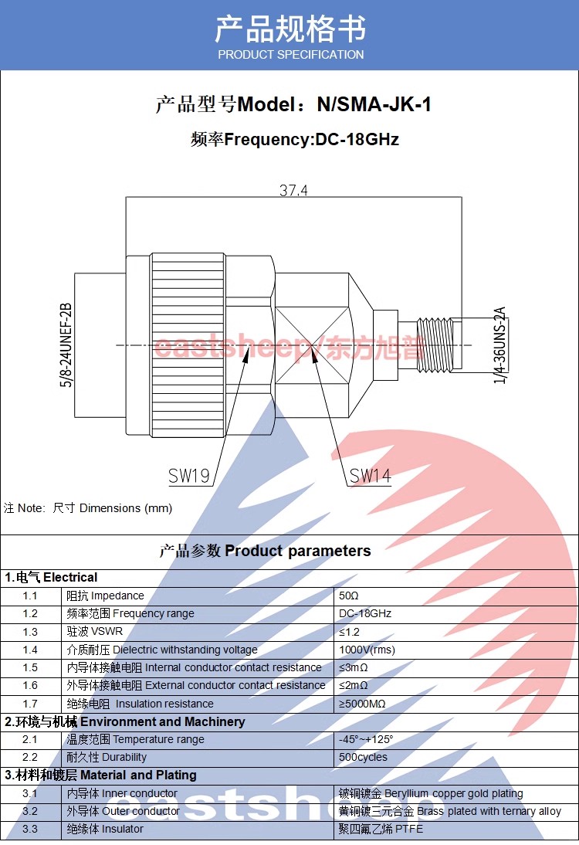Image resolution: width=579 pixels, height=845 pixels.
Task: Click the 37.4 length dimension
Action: tap(293, 190)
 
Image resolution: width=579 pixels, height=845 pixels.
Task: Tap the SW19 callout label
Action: tap(189, 477)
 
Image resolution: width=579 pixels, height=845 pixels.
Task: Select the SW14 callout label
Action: tap(371, 477)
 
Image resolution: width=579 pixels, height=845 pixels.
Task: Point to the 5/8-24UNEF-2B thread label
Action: tap(66, 345)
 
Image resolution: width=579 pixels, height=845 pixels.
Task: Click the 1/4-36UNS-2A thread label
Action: tap(499, 345)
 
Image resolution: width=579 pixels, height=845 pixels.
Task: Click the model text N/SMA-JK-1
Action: tap(374, 104)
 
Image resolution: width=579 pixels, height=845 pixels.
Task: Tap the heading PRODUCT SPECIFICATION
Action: tap(290, 55)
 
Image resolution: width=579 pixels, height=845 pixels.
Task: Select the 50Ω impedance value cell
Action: tap(349, 596)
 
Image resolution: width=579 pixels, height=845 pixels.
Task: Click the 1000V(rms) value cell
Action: tap(367, 650)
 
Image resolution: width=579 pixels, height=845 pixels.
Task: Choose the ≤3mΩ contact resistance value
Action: tap(354, 667)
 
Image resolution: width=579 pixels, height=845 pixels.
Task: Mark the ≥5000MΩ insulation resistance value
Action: tap(362, 704)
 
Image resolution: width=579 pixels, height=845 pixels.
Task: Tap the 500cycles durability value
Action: tap(363, 757)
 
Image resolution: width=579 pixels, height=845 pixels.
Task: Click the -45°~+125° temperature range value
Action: tap(366, 739)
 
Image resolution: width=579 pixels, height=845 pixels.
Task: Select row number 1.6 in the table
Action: tap(30, 685)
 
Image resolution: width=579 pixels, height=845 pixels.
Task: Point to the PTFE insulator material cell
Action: tap(381, 829)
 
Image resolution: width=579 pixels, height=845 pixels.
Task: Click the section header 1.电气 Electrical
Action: tap(51, 578)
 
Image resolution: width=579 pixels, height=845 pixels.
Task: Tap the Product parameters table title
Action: tap(265, 551)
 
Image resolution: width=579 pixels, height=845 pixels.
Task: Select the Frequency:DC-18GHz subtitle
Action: tap(295, 140)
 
